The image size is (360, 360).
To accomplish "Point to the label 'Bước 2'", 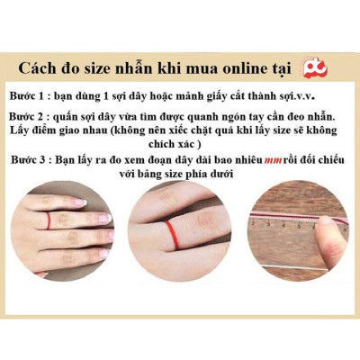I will click(34, 118).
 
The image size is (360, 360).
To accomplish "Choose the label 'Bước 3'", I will click(35, 159).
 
